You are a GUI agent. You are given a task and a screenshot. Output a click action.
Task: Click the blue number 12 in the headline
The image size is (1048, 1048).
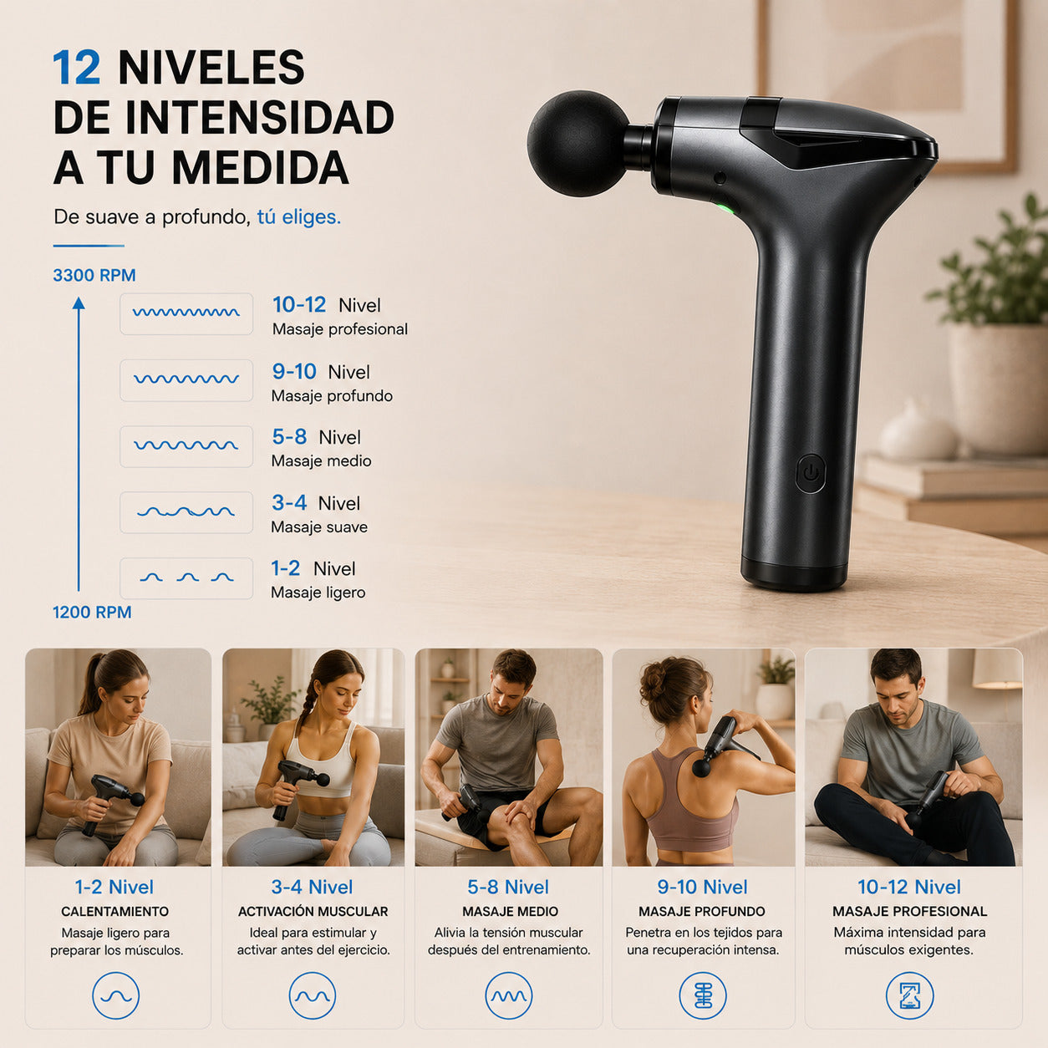click(x=77, y=68)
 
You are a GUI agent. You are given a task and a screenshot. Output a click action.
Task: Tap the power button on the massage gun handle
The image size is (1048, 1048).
click(x=811, y=473)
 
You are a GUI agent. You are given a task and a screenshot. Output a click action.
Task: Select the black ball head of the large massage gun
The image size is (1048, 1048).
click(x=578, y=144)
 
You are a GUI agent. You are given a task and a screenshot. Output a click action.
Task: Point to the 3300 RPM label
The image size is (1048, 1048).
click(x=94, y=275)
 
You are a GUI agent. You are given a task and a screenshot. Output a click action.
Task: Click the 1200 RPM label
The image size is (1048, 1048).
click(x=92, y=613)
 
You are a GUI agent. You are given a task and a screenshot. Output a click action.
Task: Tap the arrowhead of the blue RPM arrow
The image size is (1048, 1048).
click(x=79, y=303)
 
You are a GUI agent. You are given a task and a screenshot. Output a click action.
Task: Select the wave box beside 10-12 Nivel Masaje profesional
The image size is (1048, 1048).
click(x=186, y=313)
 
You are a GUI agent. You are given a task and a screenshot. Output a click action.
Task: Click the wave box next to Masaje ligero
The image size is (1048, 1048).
click(x=186, y=578)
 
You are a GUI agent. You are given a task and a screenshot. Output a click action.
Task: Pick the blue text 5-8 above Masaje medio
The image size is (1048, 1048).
click(x=289, y=437)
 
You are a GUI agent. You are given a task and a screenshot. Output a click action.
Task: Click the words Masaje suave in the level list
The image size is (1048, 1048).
click(x=319, y=527)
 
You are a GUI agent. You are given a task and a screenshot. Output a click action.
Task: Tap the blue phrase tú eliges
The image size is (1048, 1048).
click(x=299, y=217)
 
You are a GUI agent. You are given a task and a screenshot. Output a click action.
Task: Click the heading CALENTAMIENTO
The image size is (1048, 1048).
click(x=114, y=912)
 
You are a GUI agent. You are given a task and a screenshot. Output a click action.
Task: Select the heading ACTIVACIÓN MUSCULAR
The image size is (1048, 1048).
click(x=313, y=912)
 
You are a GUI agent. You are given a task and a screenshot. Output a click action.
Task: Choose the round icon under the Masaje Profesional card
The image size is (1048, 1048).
click(x=909, y=996)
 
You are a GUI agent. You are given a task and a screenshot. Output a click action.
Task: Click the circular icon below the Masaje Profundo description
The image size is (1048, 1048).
click(x=703, y=996)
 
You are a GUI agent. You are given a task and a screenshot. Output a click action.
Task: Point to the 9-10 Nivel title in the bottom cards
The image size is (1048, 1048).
click(x=702, y=887)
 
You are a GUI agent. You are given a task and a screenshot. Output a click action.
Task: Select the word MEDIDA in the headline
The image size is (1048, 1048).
click(x=261, y=167)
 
